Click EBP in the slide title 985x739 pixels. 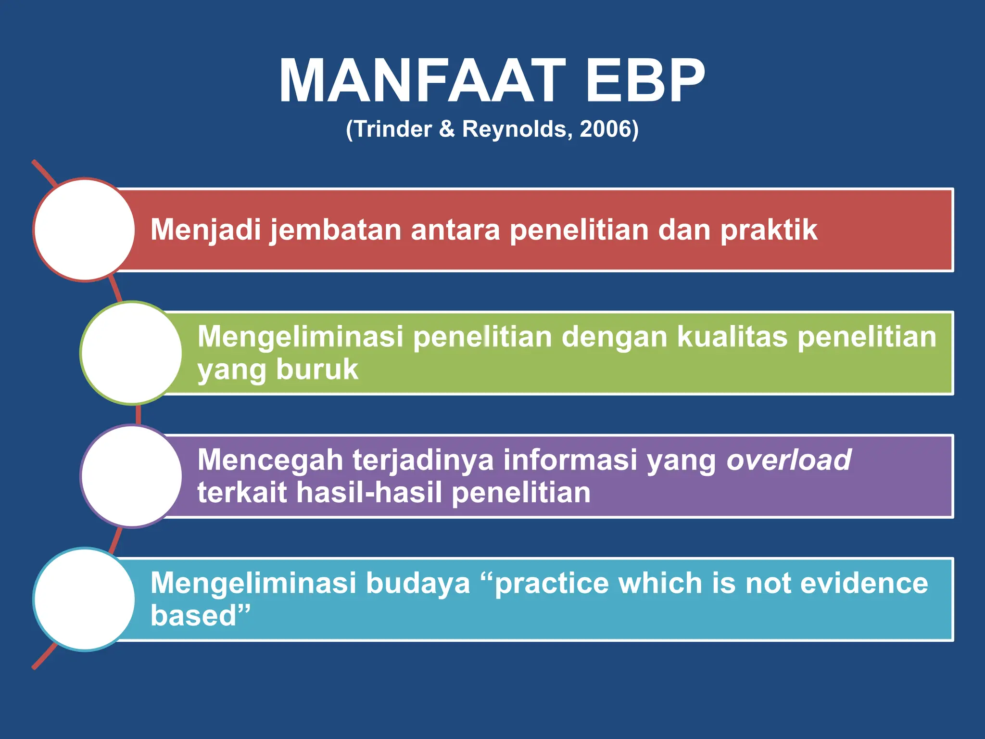[x=644, y=81]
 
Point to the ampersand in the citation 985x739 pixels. [x=447, y=129]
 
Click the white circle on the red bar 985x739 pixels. [x=85, y=229]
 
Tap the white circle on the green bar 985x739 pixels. [x=131, y=353]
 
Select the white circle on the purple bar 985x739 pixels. [x=131, y=476]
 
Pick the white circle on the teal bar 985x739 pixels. [x=85, y=599]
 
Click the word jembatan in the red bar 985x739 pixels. [x=335, y=230]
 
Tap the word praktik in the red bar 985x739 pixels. [x=769, y=230]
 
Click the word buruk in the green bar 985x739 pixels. [x=317, y=369]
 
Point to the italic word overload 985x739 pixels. [x=789, y=460]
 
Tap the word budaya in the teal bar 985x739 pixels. [x=417, y=583]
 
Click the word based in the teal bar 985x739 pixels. [x=194, y=616]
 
